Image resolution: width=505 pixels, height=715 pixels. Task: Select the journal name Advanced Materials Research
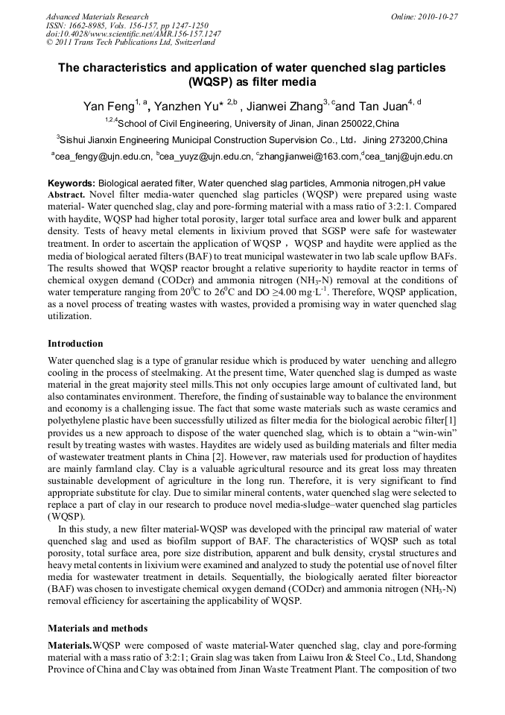[97, 16]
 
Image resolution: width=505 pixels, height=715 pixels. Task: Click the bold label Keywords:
[72, 183]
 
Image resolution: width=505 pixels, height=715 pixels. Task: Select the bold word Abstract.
[68, 193]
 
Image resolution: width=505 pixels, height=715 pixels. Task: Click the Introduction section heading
[75, 344]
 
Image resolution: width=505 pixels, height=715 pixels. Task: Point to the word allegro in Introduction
[439, 360]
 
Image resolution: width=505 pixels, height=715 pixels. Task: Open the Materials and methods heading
[98, 628]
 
